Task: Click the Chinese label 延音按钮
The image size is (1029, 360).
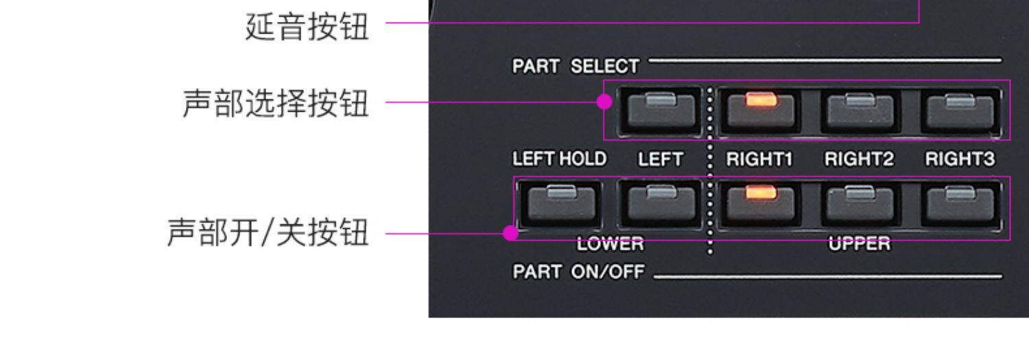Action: pyautogui.click(x=307, y=27)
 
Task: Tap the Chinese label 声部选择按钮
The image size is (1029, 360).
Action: pyautogui.click(x=275, y=104)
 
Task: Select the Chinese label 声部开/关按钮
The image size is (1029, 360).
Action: pyautogui.click(x=268, y=232)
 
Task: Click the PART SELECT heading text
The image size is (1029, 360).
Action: pyautogui.click(x=576, y=67)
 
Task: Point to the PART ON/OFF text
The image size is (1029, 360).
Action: pyautogui.click(x=578, y=272)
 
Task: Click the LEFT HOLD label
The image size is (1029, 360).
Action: pyautogui.click(x=559, y=159)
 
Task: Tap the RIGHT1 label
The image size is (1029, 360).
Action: pyautogui.click(x=759, y=159)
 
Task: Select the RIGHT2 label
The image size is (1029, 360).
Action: pyautogui.click(x=859, y=159)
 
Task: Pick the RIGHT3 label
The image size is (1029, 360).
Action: pyautogui.click(x=960, y=159)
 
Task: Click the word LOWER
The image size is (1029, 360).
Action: pyautogui.click(x=610, y=243)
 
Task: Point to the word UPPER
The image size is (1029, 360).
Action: pyautogui.click(x=859, y=243)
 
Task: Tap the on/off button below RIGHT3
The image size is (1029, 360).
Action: pyautogui.click(x=960, y=203)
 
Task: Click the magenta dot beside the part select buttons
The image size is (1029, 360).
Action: pyautogui.click(x=604, y=102)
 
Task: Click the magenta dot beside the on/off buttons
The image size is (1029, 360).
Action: pyautogui.click(x=510, y=232)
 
